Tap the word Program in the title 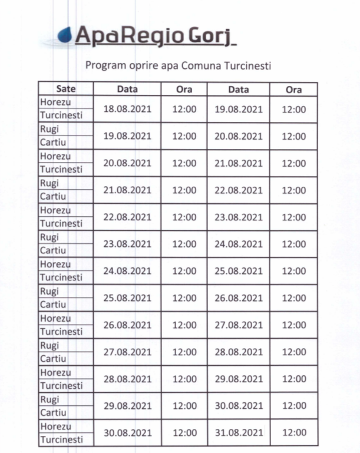[104, 65]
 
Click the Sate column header [66, 90]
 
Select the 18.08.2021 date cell [127, 109]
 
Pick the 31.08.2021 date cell [239, 433]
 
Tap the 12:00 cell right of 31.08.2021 [293, 433]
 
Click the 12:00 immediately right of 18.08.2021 [184, 109]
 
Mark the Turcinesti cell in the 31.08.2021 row [61, 439]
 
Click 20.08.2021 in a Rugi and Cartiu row [239, 136]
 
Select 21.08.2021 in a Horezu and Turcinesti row [239, 163]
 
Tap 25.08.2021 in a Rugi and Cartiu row [127, 298]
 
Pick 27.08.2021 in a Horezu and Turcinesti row [239, 325]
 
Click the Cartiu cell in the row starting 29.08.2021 [53, 412]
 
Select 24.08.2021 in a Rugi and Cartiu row [239, 244]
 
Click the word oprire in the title [143, 65]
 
